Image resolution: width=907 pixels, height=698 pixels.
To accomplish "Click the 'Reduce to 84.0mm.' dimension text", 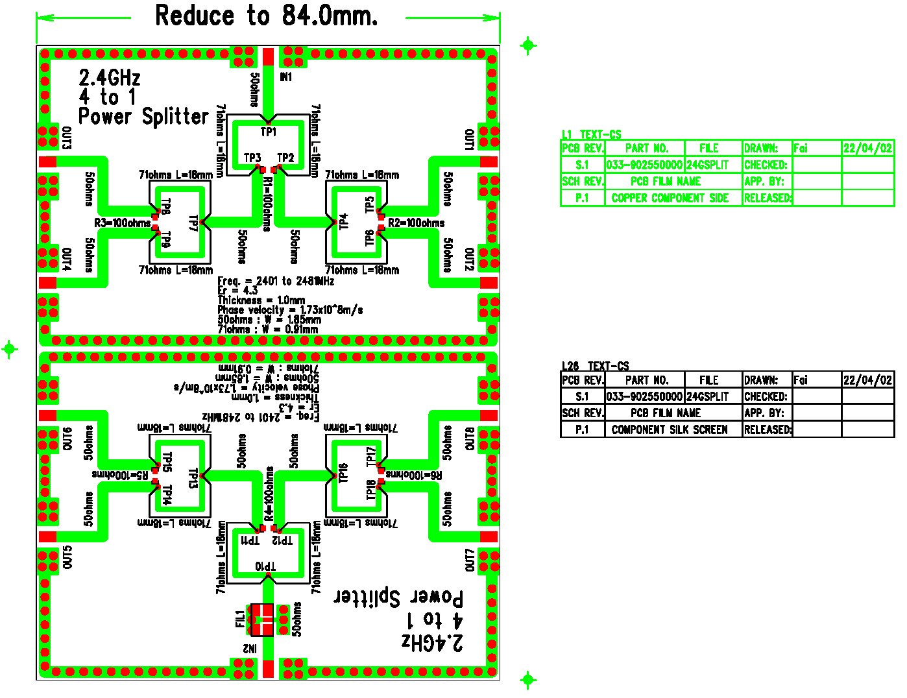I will [266, 16].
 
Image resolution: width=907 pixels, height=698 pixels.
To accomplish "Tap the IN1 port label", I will [285, 77].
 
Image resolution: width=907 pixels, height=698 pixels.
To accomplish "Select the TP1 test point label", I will [269, 132].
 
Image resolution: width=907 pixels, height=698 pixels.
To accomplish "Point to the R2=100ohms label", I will [416, 223].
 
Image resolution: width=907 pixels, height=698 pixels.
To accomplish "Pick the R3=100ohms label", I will [123, 223].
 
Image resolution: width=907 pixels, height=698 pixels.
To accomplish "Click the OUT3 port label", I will [66, 138].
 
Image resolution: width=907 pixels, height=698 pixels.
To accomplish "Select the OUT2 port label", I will [469, 259].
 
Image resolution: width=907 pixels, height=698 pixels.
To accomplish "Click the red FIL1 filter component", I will [263, 620].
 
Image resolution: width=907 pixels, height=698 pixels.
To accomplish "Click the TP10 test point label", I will [265, 566].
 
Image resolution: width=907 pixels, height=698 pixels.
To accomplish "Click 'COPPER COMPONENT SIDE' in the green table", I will [670, 199].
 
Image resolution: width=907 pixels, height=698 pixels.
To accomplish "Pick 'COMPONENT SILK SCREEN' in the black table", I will [670, 429].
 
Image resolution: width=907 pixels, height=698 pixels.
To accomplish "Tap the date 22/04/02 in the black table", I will [867, 380].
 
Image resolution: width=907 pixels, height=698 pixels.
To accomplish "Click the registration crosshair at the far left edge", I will [9, 349].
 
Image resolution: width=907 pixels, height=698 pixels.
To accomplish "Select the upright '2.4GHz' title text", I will [110, 78].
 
